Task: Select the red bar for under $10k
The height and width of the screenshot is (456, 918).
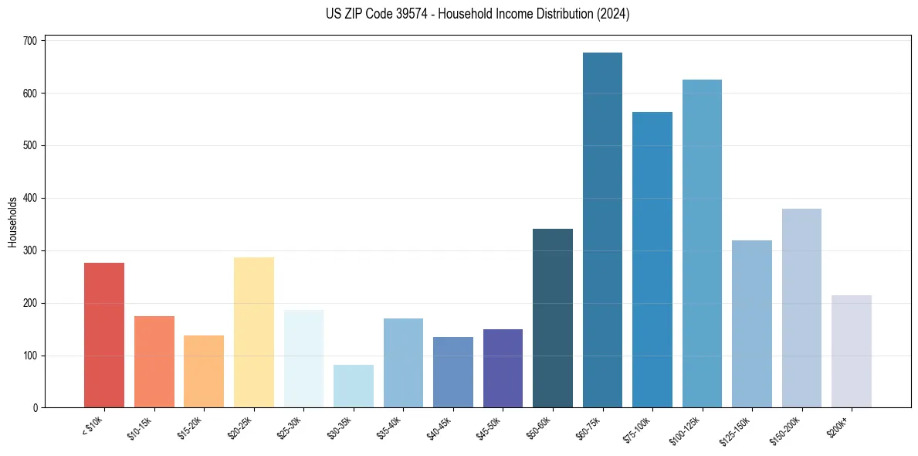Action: pyautogui.click(x=104, y=335)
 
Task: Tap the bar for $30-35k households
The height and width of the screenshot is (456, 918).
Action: pyautogui.click(x=354, y=386)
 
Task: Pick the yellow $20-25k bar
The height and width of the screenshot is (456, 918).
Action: pyautogui.click(x=254, y=332)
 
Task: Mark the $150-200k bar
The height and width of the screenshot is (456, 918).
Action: pyautogui.click(x=801, y=308)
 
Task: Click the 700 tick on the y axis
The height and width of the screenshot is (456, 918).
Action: pyautogui.click(x=32, y=41)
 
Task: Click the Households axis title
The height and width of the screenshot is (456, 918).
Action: pyautogui.click(x=13, y=223)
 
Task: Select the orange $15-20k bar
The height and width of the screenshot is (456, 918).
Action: pyautogui.click(x=204, y=372)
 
